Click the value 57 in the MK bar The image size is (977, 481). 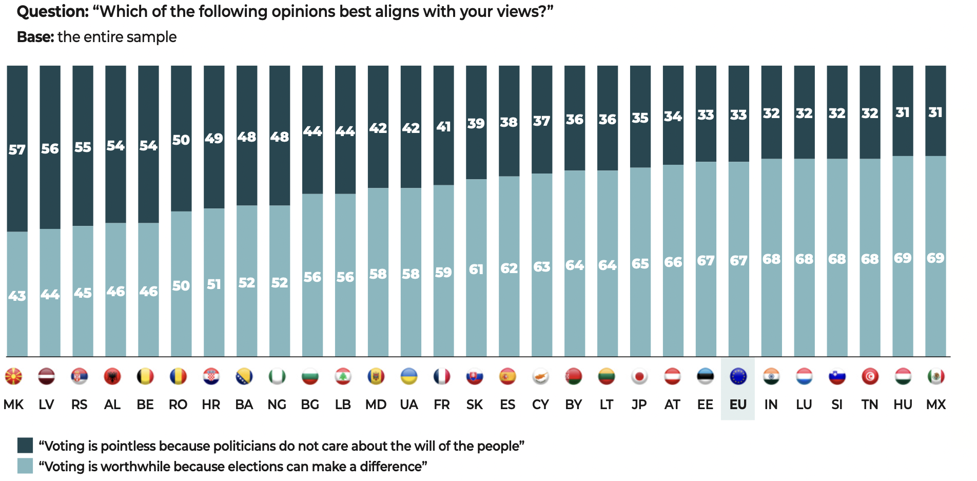17,150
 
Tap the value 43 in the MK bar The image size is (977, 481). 17,296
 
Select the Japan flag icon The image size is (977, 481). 639,377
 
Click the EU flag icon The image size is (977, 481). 738,377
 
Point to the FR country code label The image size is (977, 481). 442,405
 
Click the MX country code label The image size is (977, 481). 935,405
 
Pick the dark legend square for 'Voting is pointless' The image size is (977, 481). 25,445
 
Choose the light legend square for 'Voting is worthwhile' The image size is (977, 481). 25,466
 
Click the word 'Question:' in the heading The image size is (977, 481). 53,12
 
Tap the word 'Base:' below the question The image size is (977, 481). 35,37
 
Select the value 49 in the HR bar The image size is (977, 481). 214,139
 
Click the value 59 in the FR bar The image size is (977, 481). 443,272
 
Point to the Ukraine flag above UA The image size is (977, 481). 409,377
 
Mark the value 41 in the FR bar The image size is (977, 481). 443,126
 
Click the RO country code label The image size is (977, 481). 178,405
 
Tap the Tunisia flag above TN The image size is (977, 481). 870,377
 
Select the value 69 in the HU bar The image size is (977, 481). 903,258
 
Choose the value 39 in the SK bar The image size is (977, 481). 476,123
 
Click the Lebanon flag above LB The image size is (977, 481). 343,377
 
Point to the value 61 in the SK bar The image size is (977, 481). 476,269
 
